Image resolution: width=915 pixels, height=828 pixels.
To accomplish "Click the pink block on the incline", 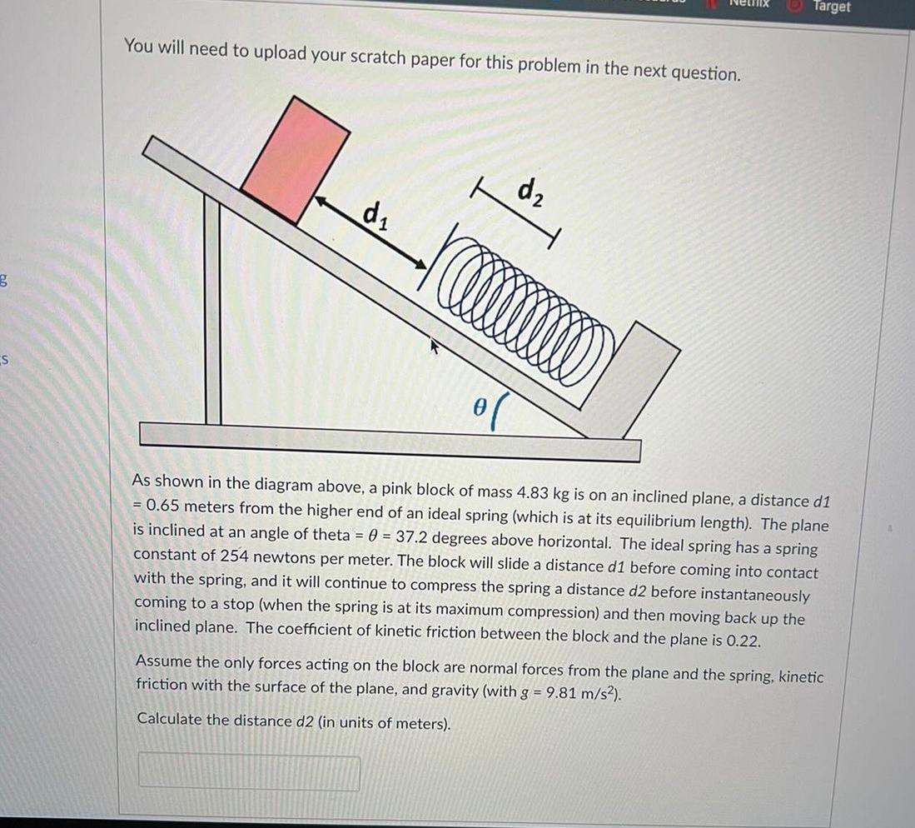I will pos(294,159).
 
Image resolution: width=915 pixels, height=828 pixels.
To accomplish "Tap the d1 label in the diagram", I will pos(374,219).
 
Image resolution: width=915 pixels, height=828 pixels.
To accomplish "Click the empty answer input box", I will pos(249,772).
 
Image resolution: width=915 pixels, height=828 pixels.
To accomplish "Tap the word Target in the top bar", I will pos(832,7).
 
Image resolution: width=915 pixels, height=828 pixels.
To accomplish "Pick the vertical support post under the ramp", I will pos(213,312).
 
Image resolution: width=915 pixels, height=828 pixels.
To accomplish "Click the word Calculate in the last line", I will pos(168,718).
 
